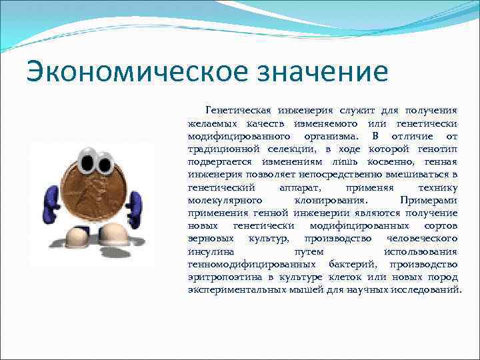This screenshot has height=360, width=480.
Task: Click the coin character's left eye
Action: [x=87, y=161]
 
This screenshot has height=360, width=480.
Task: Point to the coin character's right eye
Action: [x=105, y=161]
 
